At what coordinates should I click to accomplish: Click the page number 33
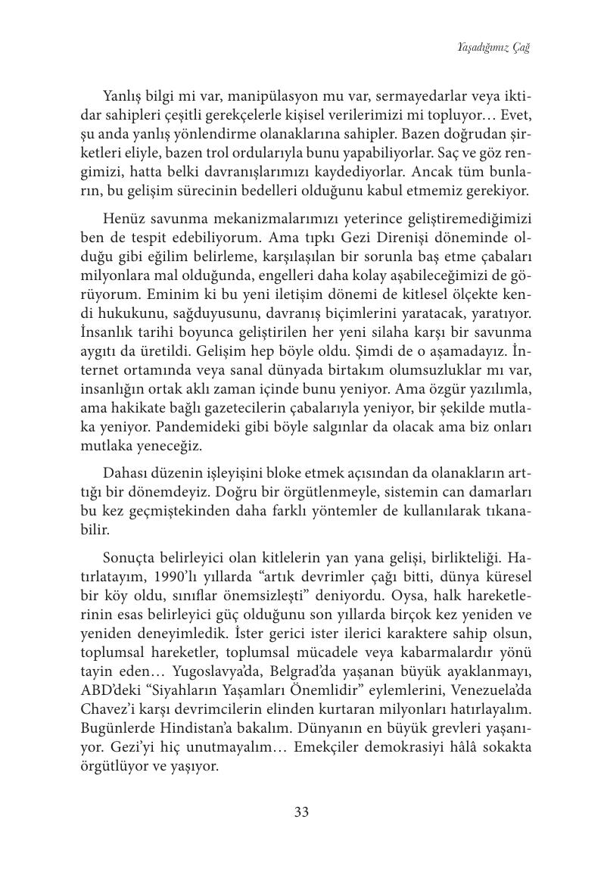coord(301,812)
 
